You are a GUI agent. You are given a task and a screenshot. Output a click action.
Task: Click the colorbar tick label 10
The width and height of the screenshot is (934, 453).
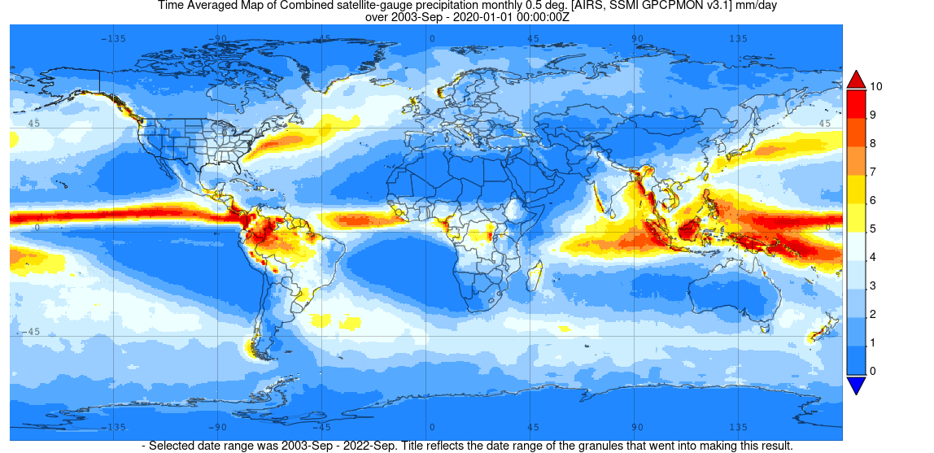(x=876, y=86)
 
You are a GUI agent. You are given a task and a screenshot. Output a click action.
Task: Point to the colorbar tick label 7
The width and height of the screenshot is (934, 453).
(x=873, y=172)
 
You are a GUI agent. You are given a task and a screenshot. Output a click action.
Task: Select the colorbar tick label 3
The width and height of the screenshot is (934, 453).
(x=873, y=285)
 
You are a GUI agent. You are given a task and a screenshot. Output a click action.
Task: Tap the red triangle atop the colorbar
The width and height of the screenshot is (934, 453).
(x=856, y=79)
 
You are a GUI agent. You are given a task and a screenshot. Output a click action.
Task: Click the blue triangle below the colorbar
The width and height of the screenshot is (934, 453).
(x=856, y=385)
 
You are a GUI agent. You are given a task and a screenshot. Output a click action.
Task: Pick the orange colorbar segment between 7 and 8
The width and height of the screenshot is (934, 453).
(x=856, y=158)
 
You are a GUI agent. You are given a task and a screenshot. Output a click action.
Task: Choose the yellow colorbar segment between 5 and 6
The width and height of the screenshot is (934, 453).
(x=856, y=215)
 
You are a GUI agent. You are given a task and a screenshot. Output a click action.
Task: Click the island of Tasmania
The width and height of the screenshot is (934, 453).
(x=764, y=329)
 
